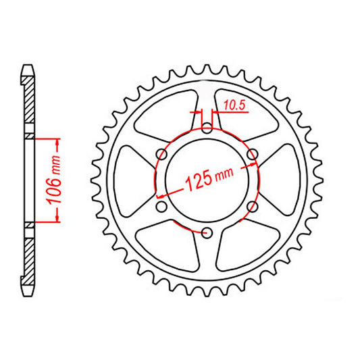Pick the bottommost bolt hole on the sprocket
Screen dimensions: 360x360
pos(207,233)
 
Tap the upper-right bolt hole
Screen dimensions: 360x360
pos(252,155)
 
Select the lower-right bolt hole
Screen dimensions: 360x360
pos(252,207)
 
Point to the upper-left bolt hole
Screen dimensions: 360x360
pos(161,155)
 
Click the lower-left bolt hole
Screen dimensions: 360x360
pos(161,207)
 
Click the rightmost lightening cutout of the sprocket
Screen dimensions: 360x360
pos(282,180)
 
